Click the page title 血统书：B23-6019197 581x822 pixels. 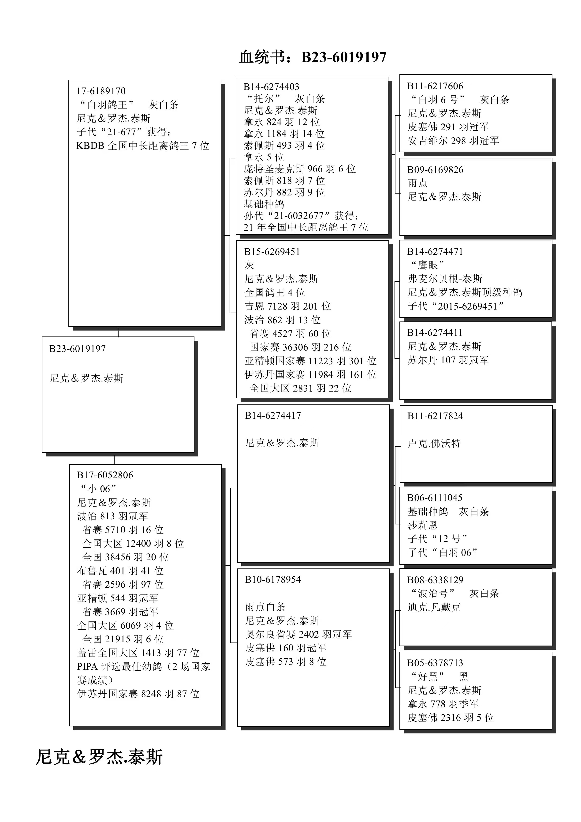(x=313, y=57)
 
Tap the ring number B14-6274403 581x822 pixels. (x=271, y=87)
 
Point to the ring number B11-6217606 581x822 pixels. (x=435, y=86)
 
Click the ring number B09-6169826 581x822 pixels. (x=435, y=170)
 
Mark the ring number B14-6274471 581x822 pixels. (x=435, y=251)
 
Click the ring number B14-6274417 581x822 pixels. (x=273, y=416)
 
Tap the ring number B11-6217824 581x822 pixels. (x=435, y=416)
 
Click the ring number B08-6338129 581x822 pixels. (x=435, y=580)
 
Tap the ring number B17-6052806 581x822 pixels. (x=105, y=475)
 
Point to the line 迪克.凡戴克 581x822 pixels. (x=434, y=607)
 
